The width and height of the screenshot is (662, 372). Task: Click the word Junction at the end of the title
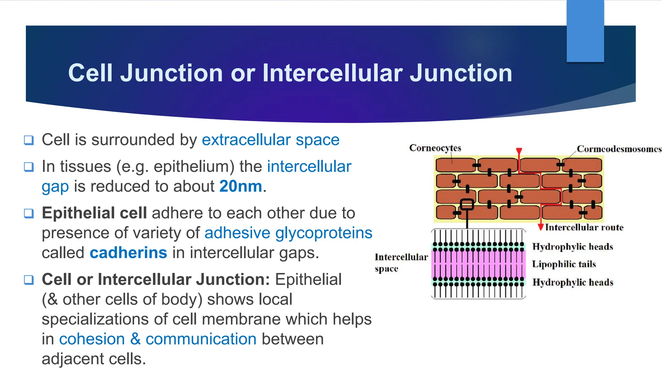[461, 73]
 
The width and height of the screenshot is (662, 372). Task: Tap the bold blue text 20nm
[240, 186]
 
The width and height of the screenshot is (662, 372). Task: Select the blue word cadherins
[128, 253]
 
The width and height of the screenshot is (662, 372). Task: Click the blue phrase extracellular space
[271, 140]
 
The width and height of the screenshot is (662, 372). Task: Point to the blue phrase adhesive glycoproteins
[288, 233]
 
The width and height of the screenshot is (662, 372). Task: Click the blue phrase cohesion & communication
[158, 339]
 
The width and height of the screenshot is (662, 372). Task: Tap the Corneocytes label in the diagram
[435, 148]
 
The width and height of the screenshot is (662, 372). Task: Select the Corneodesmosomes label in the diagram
[619, 149]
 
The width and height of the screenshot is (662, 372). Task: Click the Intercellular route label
[584, 227]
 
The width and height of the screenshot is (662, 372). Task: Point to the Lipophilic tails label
[564, 264]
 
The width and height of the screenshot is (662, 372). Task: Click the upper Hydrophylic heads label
[572, 247]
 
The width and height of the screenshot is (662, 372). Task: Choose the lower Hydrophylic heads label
[572, 282]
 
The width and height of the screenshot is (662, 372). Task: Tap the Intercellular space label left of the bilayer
[401, 263]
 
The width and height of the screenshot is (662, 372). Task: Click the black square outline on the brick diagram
[467, 204]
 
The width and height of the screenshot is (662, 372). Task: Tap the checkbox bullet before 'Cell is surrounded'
[29, 140]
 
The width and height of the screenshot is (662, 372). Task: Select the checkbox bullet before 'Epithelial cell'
[29, 213]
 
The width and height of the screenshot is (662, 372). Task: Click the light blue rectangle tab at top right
[585, 31]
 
